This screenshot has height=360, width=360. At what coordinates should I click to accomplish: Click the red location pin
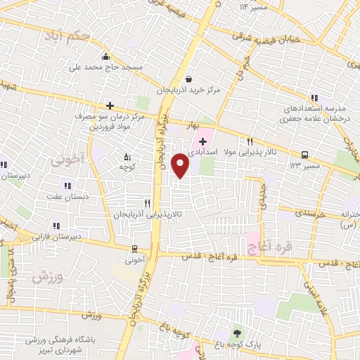click(181, 165)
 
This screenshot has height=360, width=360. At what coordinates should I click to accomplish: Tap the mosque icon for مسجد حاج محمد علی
click(105, 57)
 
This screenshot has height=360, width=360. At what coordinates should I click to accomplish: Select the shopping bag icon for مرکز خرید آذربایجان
click(189, 79)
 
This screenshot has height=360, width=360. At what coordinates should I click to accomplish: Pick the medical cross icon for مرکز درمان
click(109, 105)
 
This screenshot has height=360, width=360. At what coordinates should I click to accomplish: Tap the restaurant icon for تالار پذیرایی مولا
click(250, 141)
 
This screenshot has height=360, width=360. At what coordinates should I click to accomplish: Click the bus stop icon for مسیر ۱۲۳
click(304, 155)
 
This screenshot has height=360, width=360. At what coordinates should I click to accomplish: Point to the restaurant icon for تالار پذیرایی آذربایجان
click(147, 202)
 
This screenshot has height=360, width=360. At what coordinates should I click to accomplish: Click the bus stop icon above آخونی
click(134, 248)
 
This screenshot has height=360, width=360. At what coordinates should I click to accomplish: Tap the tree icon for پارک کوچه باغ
click(236, 333)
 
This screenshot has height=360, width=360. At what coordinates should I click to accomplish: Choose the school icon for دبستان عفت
click(67, 186)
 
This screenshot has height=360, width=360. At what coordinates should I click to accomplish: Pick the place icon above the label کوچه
click(127, 156)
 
